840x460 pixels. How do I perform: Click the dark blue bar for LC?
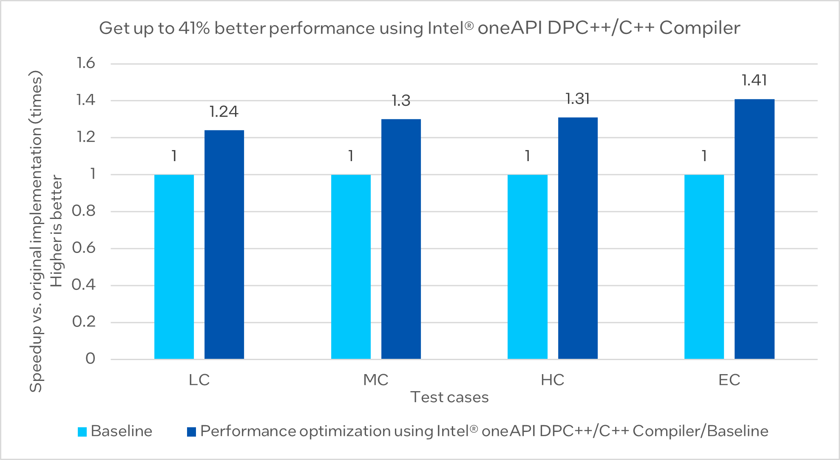coord(224,244)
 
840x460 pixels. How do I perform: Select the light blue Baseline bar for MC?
coord(351,267)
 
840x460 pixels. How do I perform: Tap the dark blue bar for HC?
coord(578,238)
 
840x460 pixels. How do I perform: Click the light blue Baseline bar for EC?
coord(704,267)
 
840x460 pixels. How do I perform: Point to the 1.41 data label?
coord(754,80)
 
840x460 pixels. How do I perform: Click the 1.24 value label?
coord(224,112)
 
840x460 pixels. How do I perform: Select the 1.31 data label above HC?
coord(578,99)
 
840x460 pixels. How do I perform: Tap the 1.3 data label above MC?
coord(401,101)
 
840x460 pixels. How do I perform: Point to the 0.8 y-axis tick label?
coord(84,211)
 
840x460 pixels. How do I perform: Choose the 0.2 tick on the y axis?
coord(84,322)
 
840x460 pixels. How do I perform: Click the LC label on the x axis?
coord(199,380)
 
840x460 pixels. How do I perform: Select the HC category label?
coord(552,380)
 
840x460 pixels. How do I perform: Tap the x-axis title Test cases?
coord(449,397)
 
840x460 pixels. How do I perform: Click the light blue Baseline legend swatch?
coord(82,432)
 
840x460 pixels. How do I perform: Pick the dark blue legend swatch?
coord(192,432)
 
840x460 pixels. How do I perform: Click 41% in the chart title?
coord(194,28)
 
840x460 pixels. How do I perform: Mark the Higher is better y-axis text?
coord(57,231)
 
